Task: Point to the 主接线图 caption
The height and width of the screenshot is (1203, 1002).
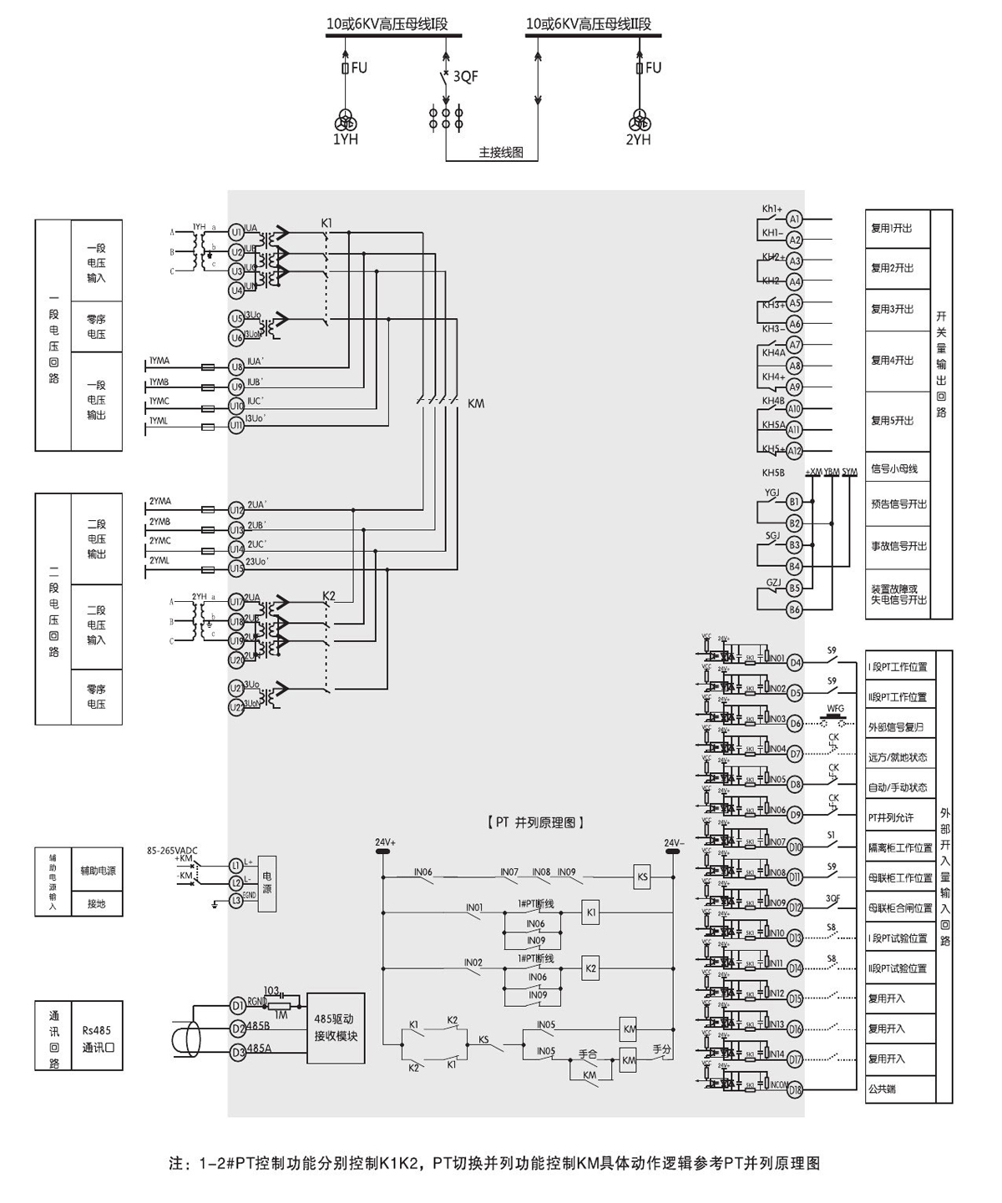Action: tap(501, 154)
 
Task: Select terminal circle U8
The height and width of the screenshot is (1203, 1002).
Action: tap(236, 366)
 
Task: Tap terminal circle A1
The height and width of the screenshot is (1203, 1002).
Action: tap(794, 219)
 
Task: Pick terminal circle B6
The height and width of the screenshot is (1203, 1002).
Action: tap(794, 609)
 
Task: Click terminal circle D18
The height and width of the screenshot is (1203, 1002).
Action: tap(795, 1089)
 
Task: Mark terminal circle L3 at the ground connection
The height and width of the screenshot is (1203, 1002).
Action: tap(236, 901)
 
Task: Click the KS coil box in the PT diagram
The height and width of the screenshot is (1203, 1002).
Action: tap(642, 877)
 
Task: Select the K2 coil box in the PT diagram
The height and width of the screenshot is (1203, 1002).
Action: tap(591, 968)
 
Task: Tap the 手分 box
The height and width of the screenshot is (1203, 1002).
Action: tap(662, 1049)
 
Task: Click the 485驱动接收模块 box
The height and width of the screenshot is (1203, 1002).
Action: tap(336, 1028)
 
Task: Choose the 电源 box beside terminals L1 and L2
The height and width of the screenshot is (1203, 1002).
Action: tap(266, 883)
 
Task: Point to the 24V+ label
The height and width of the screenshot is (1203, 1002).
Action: tap(385, 842)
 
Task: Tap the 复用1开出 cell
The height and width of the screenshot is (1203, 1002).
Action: tap(893, 228)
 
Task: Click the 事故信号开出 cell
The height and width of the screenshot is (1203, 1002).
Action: tap(898, 546)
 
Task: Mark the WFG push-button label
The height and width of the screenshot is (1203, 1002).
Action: tap(835, 709)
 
